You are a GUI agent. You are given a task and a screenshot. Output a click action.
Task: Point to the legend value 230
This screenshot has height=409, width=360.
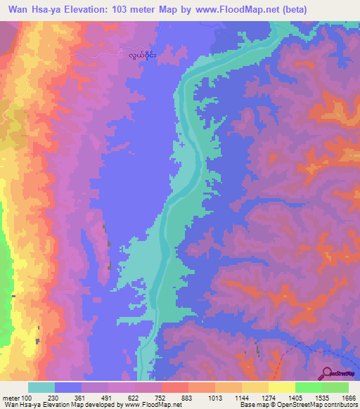pos(54,398)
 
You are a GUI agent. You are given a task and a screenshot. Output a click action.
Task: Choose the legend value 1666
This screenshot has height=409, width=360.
pos(339,398)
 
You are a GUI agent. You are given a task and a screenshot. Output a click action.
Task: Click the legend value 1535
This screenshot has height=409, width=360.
pos(313,398)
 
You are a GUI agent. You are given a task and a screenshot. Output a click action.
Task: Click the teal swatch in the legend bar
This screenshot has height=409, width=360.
pos(41,387)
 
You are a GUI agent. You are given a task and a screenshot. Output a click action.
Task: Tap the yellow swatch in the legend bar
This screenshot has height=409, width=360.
pos(282,387)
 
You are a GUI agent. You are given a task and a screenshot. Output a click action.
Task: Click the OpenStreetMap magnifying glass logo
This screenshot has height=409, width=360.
pos(327,372)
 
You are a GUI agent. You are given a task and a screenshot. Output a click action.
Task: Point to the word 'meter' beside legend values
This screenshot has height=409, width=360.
pos(11,398)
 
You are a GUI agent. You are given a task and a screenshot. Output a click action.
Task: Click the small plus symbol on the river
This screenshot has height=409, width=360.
pos(182,145)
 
